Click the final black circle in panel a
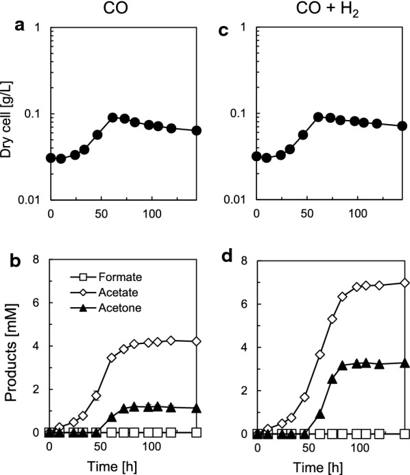pos(197,130)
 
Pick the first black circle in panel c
pos(257,156)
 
